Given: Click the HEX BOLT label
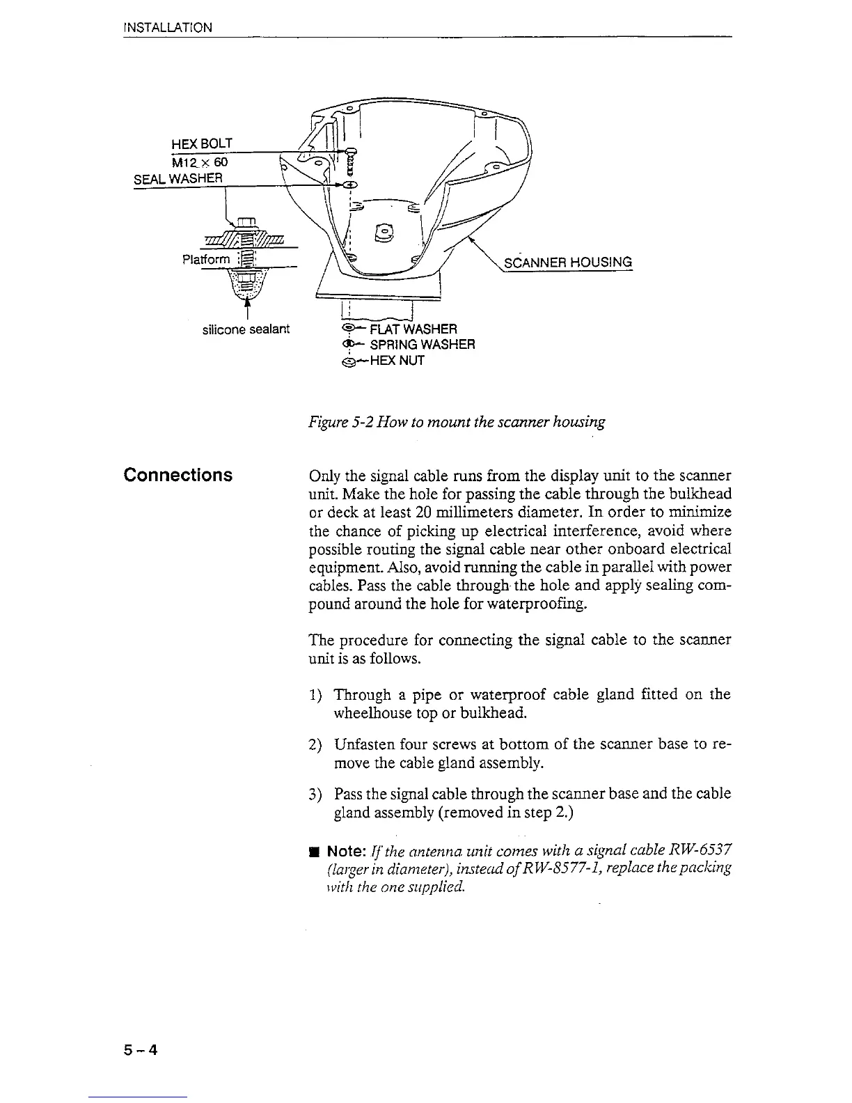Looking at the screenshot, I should pyautogui.click(x=201, y=143).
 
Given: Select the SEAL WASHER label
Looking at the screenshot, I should pyautogui.click(x=177, y=178).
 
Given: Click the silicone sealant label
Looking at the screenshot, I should pyautogui.click(x=245, y=329).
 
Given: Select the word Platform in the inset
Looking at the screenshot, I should pyautogui.click(x=205, y=260).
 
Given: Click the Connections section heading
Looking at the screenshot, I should pyautogui.click(x=177, y=475).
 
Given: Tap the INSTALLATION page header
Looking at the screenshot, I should pyautogui.click(x=167, y=28).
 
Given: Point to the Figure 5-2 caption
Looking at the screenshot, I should pyautogui.click(x=457, y=421).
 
